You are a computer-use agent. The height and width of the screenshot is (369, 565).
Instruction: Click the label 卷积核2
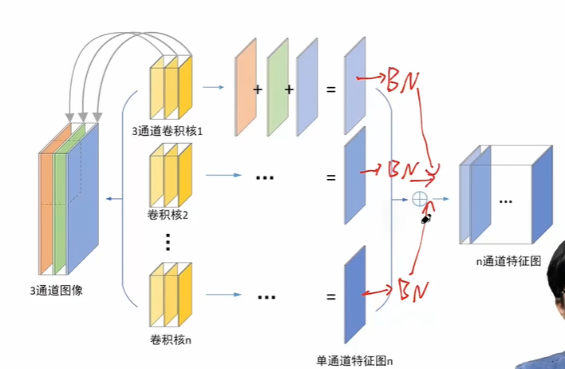167,215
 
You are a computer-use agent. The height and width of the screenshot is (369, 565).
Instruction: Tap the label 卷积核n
169,339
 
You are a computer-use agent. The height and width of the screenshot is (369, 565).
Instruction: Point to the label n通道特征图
507,260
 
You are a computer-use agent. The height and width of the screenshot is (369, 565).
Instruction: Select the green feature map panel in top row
277,89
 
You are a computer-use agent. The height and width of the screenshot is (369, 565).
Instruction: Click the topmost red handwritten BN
403,80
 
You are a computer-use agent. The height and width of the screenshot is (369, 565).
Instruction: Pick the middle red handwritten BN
403,170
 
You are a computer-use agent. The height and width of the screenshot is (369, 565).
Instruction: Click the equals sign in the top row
330,89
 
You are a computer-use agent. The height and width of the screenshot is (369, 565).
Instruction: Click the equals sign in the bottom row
330,297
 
